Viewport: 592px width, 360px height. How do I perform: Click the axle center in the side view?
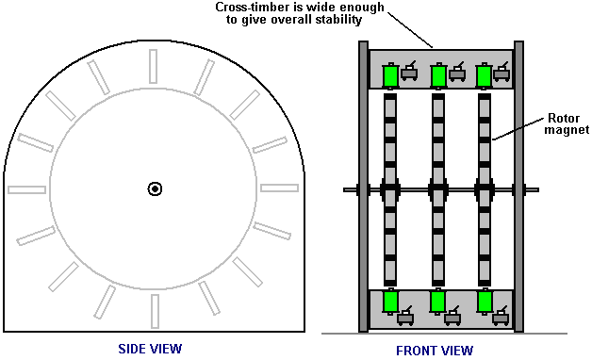click(x=155, y=189)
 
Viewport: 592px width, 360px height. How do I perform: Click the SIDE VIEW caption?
click(x=150, y=349)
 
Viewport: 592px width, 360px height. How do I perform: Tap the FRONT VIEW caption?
click(x=435, y=351)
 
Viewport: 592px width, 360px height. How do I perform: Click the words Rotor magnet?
click(x=567, y=123)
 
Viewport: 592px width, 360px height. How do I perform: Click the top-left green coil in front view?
click(x=391, y=75)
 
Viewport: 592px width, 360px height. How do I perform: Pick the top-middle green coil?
click(x=438, y=75)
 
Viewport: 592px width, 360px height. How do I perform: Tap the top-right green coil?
click(x=484, y=75)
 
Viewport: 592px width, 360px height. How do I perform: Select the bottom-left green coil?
click(x=390, y=302)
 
